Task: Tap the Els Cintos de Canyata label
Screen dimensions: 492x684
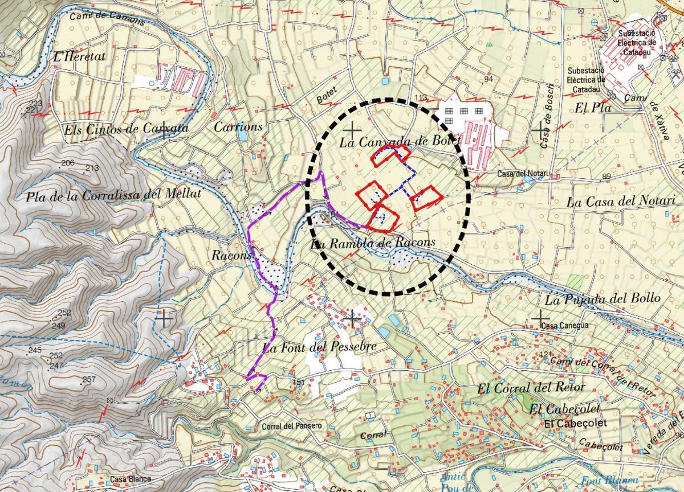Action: coord(126,129)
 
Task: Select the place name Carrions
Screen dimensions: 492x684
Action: coord(238,126)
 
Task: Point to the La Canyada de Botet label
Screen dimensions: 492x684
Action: coord(399,142)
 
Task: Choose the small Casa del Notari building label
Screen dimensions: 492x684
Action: coord(522,174)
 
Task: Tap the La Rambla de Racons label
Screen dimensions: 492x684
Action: coord(373,243)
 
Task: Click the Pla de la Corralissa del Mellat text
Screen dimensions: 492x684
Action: coord(113,196)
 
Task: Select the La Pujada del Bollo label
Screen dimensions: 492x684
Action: coord(602,298)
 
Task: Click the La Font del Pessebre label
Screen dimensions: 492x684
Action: coord(319,347)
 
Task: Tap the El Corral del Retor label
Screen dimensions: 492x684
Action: coord(531,388)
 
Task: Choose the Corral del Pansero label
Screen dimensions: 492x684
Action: coord(292,425)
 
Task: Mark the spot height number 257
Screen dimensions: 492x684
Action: coord(89,379)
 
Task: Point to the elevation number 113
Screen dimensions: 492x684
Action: coord(421,97)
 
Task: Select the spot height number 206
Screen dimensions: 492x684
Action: coord(67,163)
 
